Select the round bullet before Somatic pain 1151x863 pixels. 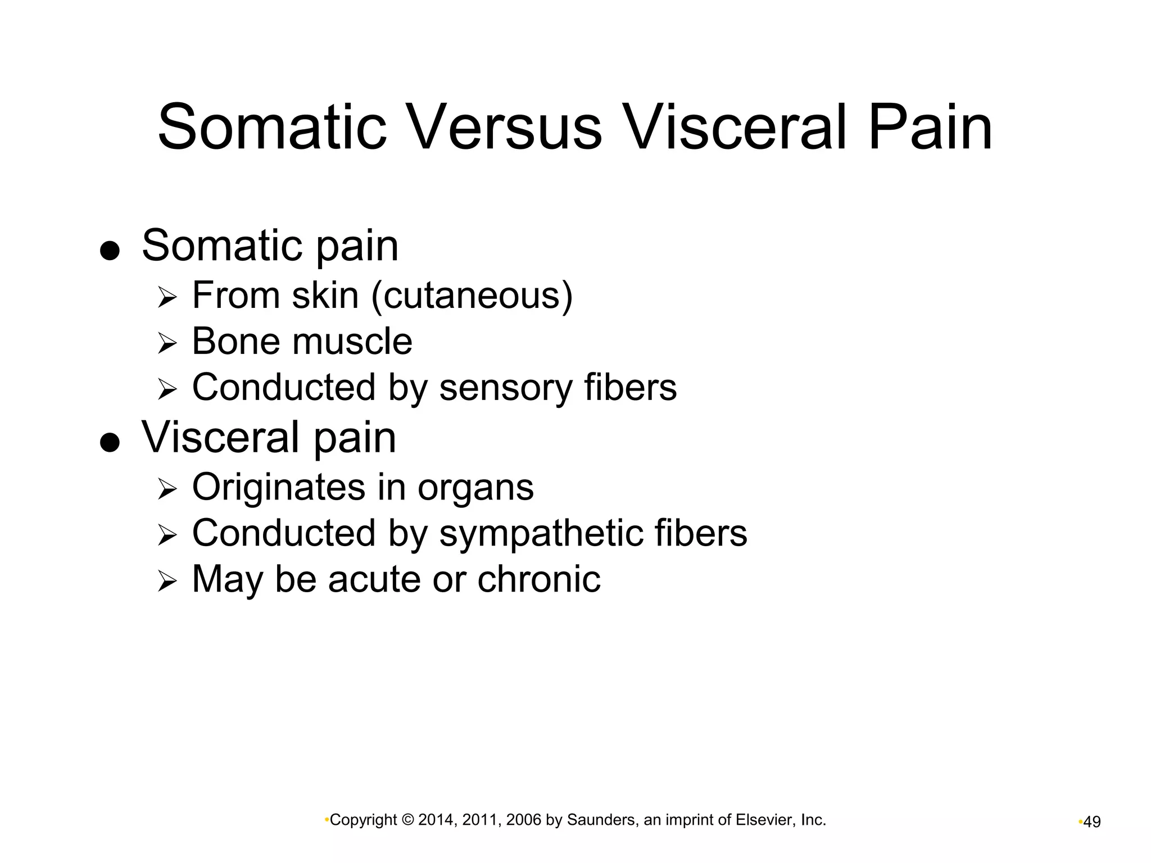[110, 251]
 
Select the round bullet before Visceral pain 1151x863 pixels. [110, 442]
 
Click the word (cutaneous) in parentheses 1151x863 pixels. [472, 296]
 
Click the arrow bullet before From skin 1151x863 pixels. [167, 297]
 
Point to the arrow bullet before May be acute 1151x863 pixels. [167, 581]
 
